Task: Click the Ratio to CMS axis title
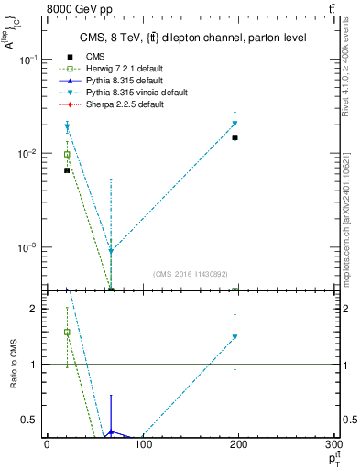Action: pos(15,365)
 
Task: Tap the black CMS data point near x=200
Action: pos(235,137)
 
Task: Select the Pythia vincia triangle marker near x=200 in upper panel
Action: pos(235,124)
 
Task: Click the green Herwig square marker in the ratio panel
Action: pos(67,333)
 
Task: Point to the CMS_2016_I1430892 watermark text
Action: pos(191,274)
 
